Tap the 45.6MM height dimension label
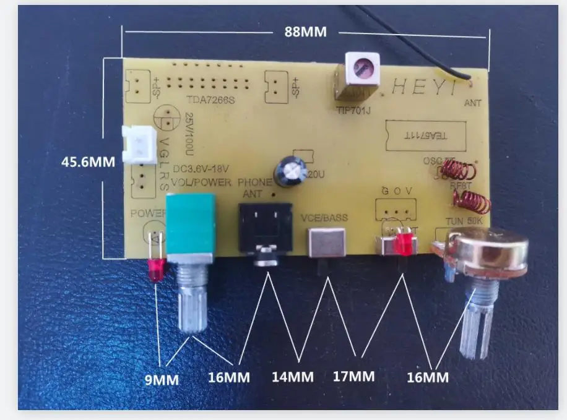(x=89, y=162)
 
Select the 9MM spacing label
(x=162, y=379)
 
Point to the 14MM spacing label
(x=293, y=375)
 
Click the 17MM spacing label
(x=353, y=375)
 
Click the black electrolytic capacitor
(x=289, y=170)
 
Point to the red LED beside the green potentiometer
(x=155, y=270)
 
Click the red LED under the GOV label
(x=404, y=243)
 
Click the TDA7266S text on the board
(x=210, y=100)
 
